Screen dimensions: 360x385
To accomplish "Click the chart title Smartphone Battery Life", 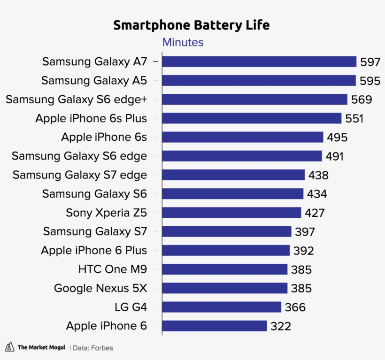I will [x=192, y=25].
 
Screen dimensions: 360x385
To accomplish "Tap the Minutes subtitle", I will [x=183, y=42].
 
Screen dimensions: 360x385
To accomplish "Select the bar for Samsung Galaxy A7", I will [x=259, y=61].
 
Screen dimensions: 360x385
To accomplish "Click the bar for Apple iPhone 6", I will [x=215, y=326].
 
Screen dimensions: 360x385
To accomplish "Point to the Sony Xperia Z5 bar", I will [x=231, y=213].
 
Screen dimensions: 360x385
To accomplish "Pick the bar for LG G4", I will [x=222, y=307].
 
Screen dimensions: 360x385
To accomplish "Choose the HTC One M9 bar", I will [x=225, y=269].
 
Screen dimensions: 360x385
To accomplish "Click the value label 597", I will [x=370, y=62].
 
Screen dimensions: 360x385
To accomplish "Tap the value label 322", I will [x=281, y=326].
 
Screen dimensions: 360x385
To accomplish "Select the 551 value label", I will [x=354, y=119].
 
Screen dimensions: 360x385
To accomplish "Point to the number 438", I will [x=318, y=176].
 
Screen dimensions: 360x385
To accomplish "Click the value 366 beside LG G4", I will [x=295, y=307].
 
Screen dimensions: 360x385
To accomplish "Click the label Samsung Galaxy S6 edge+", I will [x=77, y=100].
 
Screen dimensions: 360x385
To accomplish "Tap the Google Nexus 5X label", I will [x=100, y=288].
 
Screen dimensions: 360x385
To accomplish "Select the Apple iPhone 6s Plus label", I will [x=91, y=118].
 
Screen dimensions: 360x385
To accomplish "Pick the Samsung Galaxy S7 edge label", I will [x=80, y=175].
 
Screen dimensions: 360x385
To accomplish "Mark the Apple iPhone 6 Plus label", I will [x=94, y=251].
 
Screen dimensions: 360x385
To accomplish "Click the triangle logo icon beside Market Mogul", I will [x=9, y=347].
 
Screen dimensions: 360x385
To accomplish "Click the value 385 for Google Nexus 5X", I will [x=301, y=289].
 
